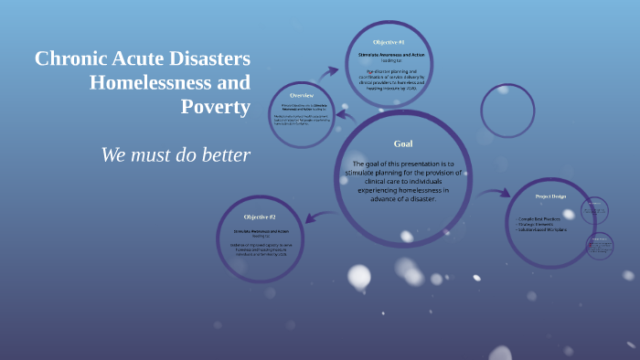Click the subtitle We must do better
[x=176, y=154]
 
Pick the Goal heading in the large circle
[x=403, y=143]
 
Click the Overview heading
[x=302, y=95]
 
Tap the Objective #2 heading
[x=260, y=217]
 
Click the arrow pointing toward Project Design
[x=495, y=193]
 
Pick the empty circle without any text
[x=507, y=111]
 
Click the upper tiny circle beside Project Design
[x=595, y=211]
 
